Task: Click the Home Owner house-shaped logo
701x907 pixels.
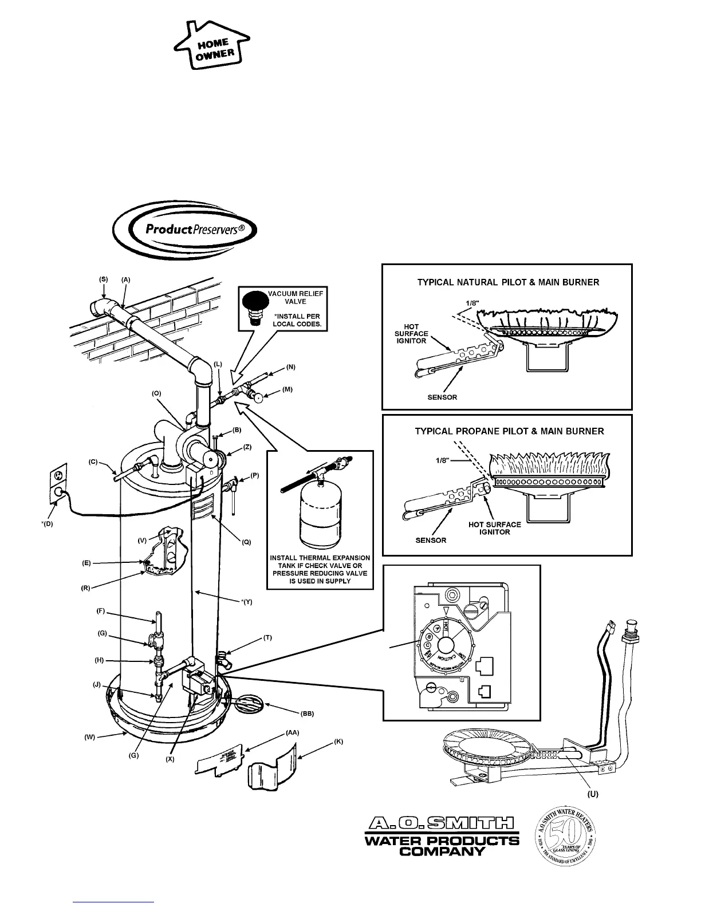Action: pyautogui.click(x=211, y=49)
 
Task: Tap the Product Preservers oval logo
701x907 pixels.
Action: pyautogui.click(x=184, y=230)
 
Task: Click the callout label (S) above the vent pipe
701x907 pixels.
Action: pyautogui.click(x=104, y=279)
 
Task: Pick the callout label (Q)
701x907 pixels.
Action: pyautogui.click(x=246, y=541)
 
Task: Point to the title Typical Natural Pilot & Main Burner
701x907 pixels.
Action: pyautogui.click(x=507, y=282)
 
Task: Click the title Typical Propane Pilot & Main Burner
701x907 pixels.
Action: pyautogui.click(x=509, y=431)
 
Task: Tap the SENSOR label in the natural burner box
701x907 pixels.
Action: pyautogui.click(x=442, y=397)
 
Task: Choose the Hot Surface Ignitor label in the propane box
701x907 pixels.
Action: pyautogui.click(x=494, y=528)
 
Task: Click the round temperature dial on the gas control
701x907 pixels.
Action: pyautogui.click(x=446, y=644)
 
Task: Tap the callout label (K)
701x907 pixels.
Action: pyautogui.click(x=338, y=742)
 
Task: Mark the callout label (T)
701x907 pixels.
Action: pyautogui.click(x=267, y=637)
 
